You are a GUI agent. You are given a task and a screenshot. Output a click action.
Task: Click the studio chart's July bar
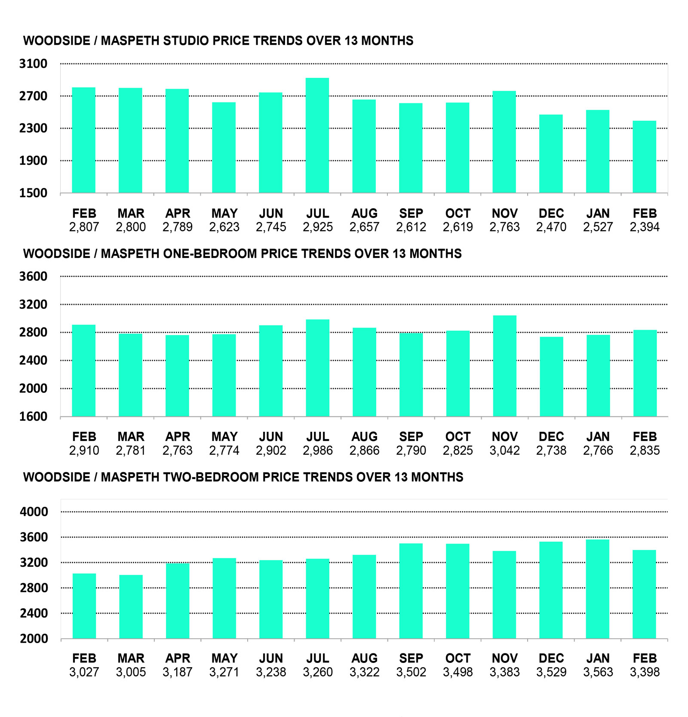tap(317, 135)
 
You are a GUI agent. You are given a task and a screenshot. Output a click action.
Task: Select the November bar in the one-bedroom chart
tap(504, 366)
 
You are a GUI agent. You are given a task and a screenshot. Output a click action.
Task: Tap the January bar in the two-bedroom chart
tap(598, 589)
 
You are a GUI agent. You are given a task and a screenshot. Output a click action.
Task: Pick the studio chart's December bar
tap(551, 154)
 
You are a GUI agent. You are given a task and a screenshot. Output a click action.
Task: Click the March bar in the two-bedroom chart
tap(131, 606)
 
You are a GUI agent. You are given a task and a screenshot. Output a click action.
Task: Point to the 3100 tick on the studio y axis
tap(33, 64)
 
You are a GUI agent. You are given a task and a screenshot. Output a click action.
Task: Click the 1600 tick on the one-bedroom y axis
tap(33, 416)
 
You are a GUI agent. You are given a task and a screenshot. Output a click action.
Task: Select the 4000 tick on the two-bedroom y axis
tap(34, 512)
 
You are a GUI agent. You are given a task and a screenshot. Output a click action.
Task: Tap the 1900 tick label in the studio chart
tap(33, 160)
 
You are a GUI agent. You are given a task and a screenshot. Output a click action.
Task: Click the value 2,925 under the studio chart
tap(318, 227)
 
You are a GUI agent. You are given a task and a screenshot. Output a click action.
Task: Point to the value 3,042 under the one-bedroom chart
tap(504, 450)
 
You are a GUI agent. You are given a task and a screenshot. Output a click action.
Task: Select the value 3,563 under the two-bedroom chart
tap(598, 672)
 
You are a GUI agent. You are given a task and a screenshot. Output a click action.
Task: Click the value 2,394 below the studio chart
tap(645, 227)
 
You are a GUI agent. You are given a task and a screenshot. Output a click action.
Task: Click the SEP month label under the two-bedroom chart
tap(411, 658)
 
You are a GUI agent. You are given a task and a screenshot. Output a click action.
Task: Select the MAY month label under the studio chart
tap(224, 213)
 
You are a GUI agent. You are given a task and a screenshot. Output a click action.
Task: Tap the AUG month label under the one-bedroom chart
tap(364, 437)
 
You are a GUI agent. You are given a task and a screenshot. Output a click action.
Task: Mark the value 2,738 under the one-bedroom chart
tap(551, 450)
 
